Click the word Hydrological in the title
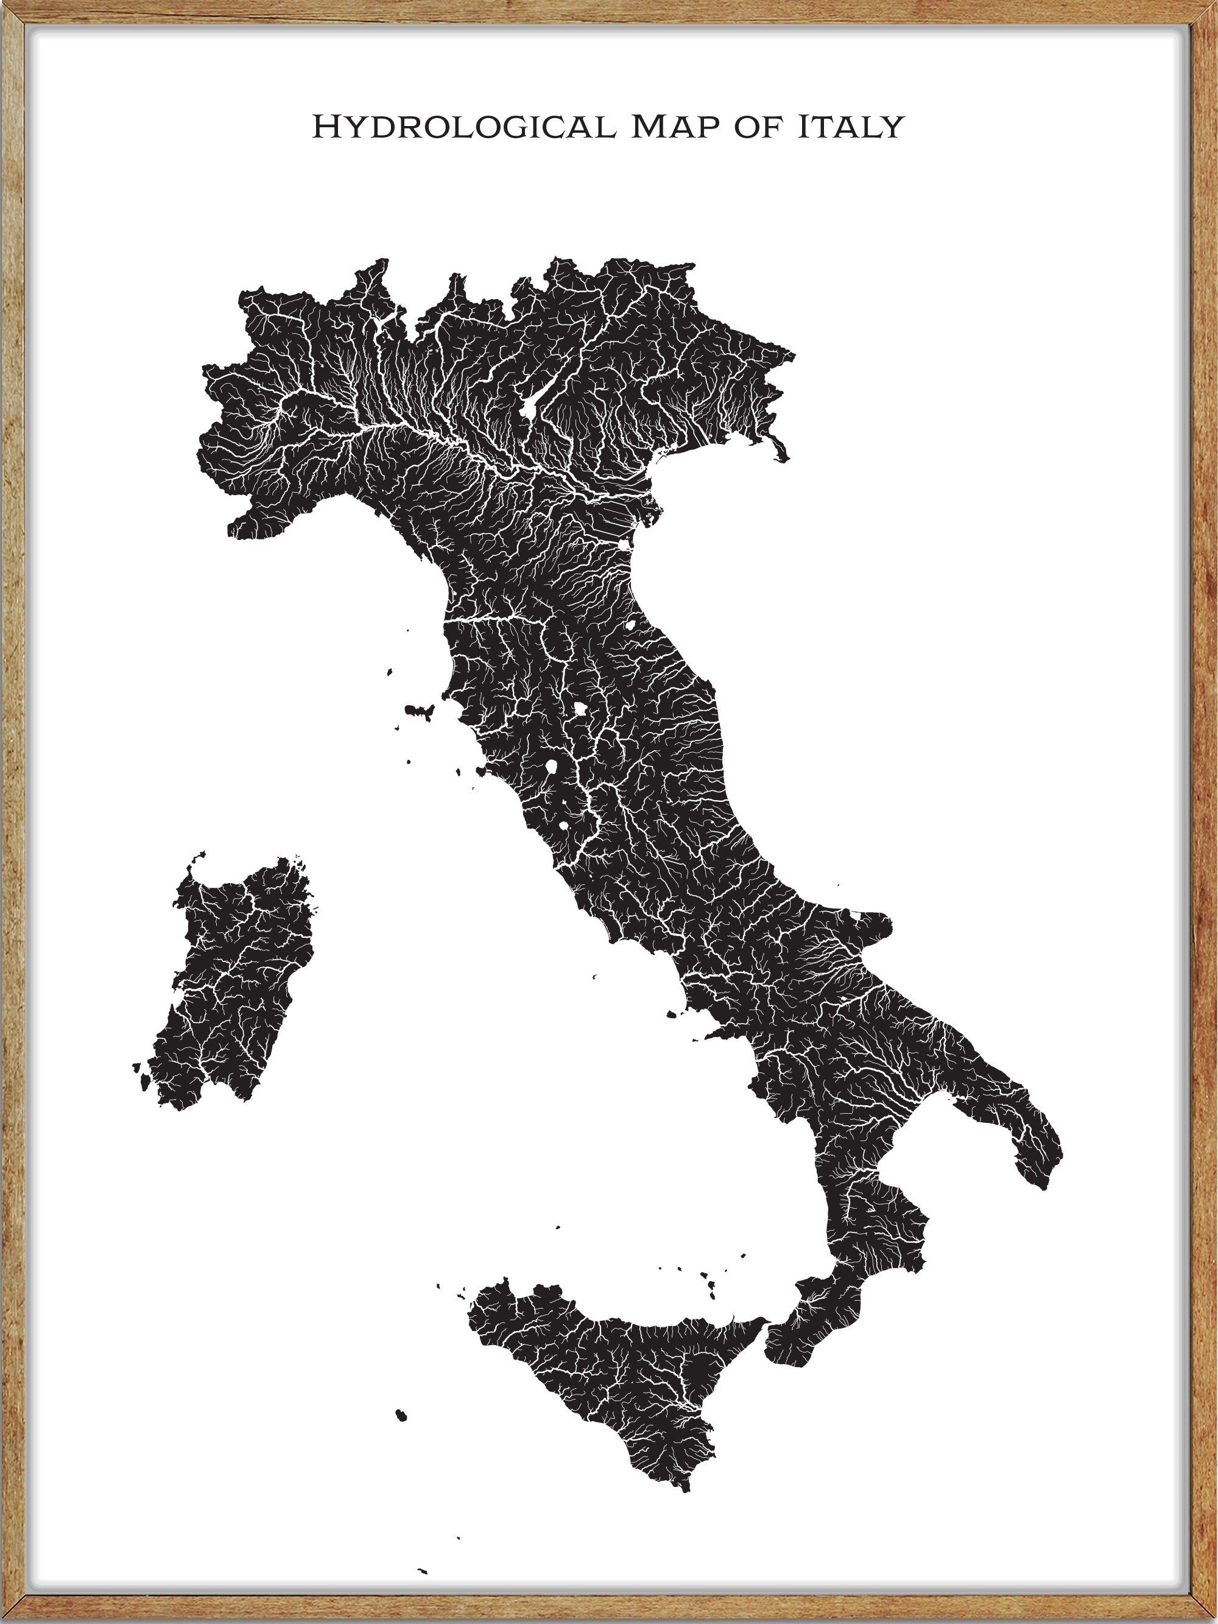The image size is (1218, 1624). pos(462,127)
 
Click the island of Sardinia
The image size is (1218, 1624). pos(235,984)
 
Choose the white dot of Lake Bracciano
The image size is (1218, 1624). pos(564,825)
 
